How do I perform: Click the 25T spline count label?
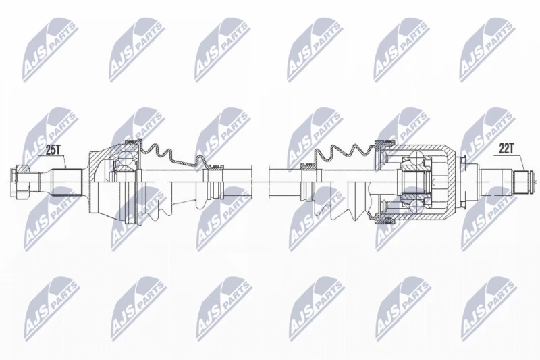[x=53, y=149]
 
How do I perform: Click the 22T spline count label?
[x=506, y=149]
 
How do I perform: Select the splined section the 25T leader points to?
[x=67, y=182]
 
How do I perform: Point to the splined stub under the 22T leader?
[x=524, y=182]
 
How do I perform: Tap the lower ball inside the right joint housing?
[x=416, y=205]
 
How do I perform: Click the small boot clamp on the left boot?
[x=213, y=168]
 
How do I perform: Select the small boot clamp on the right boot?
[x=308, y=167]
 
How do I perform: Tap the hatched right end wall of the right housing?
[x=451, y=182]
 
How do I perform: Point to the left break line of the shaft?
[x=252, y=182]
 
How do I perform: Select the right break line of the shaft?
[x=268, y=182]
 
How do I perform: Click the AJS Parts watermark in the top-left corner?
[x=50, y=50]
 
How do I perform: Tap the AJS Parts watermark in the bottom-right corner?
[x=489, y=309]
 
